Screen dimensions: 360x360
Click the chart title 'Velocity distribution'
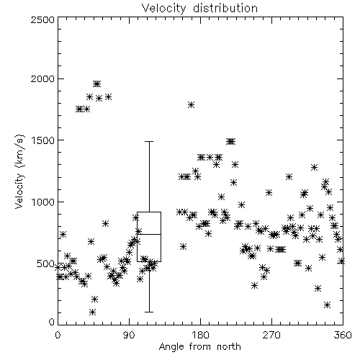[199, 9]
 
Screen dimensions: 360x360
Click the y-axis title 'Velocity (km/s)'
[19, 171]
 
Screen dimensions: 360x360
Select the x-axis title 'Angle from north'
[199, 346]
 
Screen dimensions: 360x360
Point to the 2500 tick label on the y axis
[42, 19]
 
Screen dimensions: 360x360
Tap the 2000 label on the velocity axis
[42, 78]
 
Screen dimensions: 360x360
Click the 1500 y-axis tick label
[42, 140]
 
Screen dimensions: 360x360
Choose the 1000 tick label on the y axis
[42, 202]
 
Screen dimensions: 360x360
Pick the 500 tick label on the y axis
[46, 264]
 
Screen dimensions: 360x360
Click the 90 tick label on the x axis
[129, 335]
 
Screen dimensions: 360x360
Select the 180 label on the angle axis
[199, 335]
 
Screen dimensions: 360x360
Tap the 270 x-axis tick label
[271, 335]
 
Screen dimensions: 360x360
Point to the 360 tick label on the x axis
[343, 335]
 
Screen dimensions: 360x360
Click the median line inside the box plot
[149, 234]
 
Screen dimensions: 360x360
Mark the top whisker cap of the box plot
[149, 142]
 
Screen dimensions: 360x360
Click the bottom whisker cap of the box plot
[149, 312]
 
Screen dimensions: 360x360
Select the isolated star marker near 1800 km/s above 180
[191, 104]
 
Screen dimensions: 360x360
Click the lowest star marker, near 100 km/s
[92, 312]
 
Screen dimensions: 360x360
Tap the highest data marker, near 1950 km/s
[97, 84]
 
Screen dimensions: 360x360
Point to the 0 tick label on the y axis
[52, 322]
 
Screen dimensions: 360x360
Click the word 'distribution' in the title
[225, 9]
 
